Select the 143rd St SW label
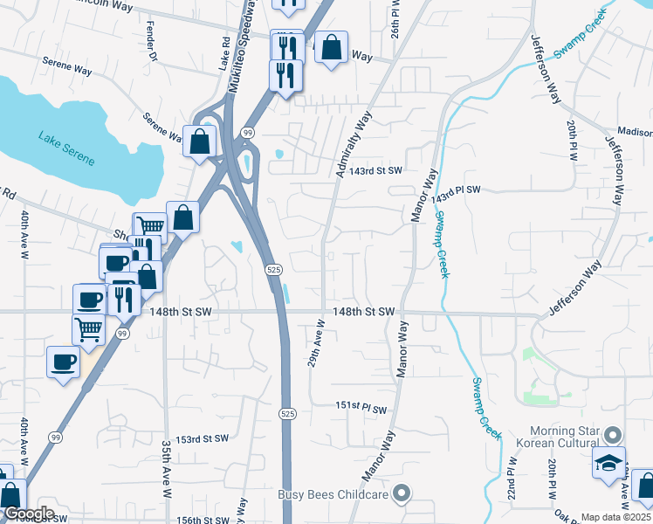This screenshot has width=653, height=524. tap(378, 170)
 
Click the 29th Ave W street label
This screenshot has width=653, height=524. tap(315, 342)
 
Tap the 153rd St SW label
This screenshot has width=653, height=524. tap(202, 438)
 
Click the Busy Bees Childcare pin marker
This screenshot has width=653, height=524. tap(402, 494)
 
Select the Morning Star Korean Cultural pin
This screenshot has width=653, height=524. tap(614, 433)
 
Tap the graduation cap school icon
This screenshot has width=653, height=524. tap(608, 463)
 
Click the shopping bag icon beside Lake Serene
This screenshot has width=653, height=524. tap(200, 141)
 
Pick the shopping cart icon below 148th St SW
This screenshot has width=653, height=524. tap(88, 329)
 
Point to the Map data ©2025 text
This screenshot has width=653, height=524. tap(615, 517)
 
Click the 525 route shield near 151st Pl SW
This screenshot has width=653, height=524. tap(286, 412)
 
